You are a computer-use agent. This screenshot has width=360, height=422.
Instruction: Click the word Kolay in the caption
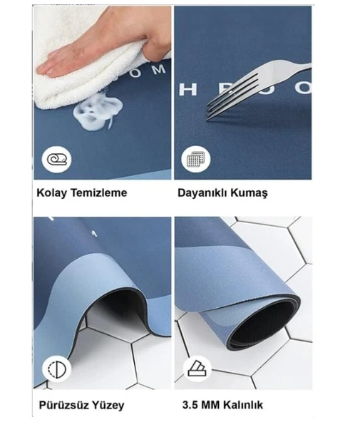pos(51,192)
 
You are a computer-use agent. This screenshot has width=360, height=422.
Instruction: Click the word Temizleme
pos(99,192)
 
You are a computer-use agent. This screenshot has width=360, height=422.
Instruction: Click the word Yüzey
pos(108,405)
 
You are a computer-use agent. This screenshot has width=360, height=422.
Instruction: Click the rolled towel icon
pos(56,158)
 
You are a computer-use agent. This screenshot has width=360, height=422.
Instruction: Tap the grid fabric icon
pos(195,158)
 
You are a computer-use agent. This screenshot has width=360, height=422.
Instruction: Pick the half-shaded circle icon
pos(56,369)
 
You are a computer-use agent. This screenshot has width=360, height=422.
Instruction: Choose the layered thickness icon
pos(195,369)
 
